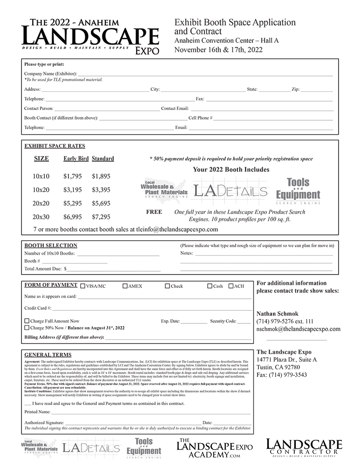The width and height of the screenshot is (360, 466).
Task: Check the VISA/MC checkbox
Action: click(x=83, y=286)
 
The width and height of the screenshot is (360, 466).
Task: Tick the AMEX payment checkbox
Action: click(x=125, y=286)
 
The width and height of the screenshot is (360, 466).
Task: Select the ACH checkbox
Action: click(x=231, y=286)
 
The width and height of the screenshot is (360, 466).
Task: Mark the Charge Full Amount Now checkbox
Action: click(x=27, y=321)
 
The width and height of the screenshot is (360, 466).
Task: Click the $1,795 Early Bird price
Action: click(x=73, y=176)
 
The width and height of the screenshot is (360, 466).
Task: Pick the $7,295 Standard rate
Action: click(x=101, y=217)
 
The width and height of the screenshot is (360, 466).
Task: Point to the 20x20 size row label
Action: click(x=41, y=203)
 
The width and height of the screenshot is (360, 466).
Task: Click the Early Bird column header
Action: click(x=76, y=158)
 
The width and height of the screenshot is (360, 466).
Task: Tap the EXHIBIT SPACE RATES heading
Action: click(x=54, y=146)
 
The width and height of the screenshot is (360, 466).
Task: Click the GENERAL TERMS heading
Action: click(x=48, y=355)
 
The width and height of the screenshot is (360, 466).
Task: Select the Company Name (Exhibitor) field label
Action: click(x=50, y=74)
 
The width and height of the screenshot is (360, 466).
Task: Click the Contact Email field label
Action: click(x=175, y=108)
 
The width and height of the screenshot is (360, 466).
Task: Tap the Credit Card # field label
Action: click(x=38, y=308)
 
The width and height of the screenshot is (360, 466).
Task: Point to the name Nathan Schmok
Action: click(x=278, y=314)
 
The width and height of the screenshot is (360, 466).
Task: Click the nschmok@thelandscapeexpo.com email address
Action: click(x=299, y=329)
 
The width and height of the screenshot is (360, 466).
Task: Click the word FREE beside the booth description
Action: click(x=154, y=212)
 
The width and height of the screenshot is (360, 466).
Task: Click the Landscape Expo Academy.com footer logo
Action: click(x=214, y=448)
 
